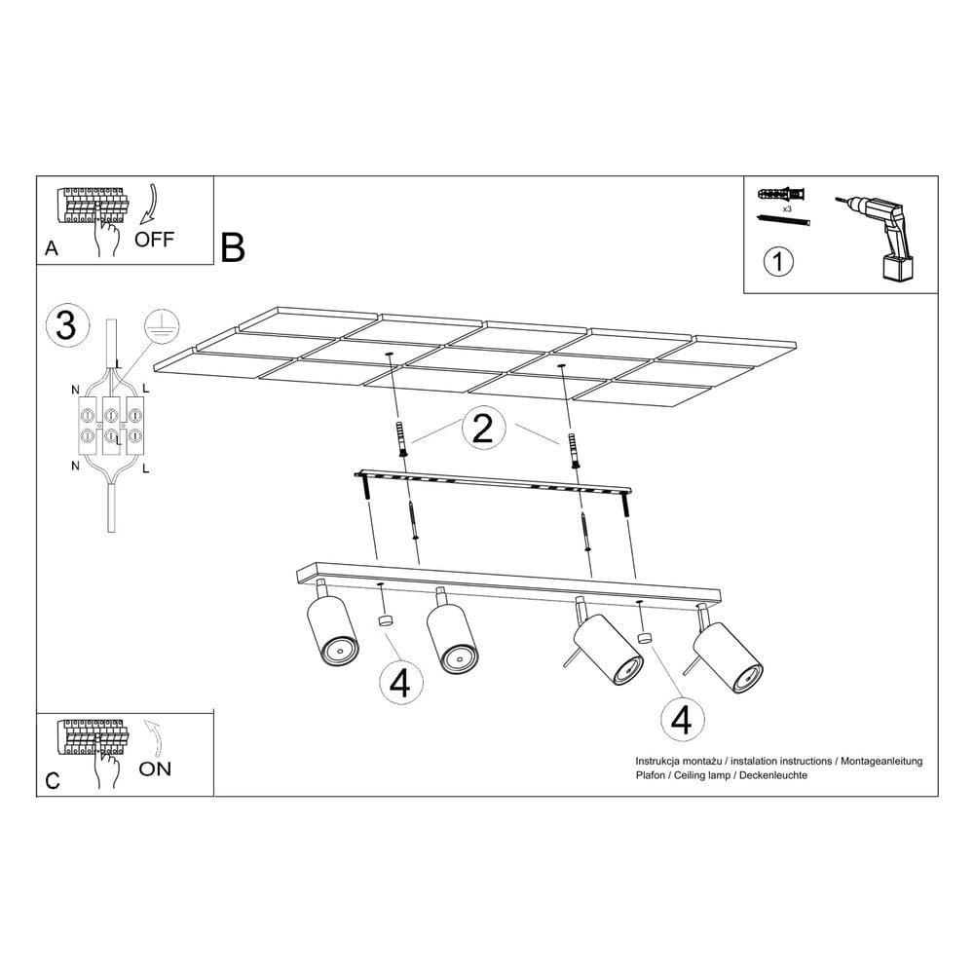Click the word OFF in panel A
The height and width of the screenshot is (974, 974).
[x=154, y=240]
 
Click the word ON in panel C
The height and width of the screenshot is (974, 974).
[x=155, y=768]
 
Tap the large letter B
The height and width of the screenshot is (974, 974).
[x=233, y=247]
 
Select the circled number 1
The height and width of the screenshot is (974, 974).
[x=777, y=262]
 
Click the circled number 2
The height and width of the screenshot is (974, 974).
[x=483, y=429]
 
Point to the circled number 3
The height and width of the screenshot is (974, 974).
[x=66, y=325]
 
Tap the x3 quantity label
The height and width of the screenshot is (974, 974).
[x=787, y=209]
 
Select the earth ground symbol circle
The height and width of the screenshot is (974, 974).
[x=162, y=325]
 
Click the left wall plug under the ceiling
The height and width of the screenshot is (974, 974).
[x=400, y=438]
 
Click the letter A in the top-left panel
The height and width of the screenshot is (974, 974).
[x=52, y=248]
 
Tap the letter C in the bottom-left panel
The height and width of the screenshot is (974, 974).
[x=53, y=780]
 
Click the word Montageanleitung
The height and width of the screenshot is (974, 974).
[x=881, y=761]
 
